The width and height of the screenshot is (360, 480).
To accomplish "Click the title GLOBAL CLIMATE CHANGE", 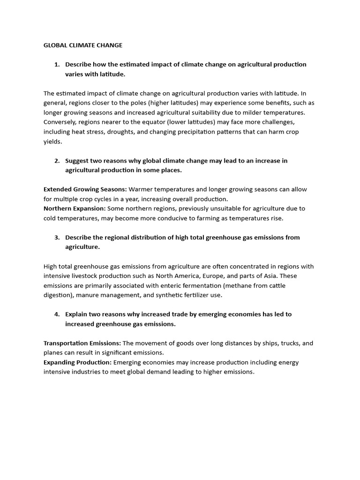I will (83, 45).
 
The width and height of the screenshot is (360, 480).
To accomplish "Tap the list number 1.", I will (57, 65).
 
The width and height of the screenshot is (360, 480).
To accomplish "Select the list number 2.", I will (57, 161).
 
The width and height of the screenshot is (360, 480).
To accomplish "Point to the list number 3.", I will (57, 238).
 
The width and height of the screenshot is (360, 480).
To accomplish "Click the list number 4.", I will (57, 315).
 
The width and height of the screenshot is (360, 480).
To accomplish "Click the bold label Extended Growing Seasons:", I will (85, 189).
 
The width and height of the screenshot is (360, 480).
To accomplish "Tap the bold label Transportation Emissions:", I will (82, 343).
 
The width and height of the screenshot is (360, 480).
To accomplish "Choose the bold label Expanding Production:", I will (77, 362).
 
